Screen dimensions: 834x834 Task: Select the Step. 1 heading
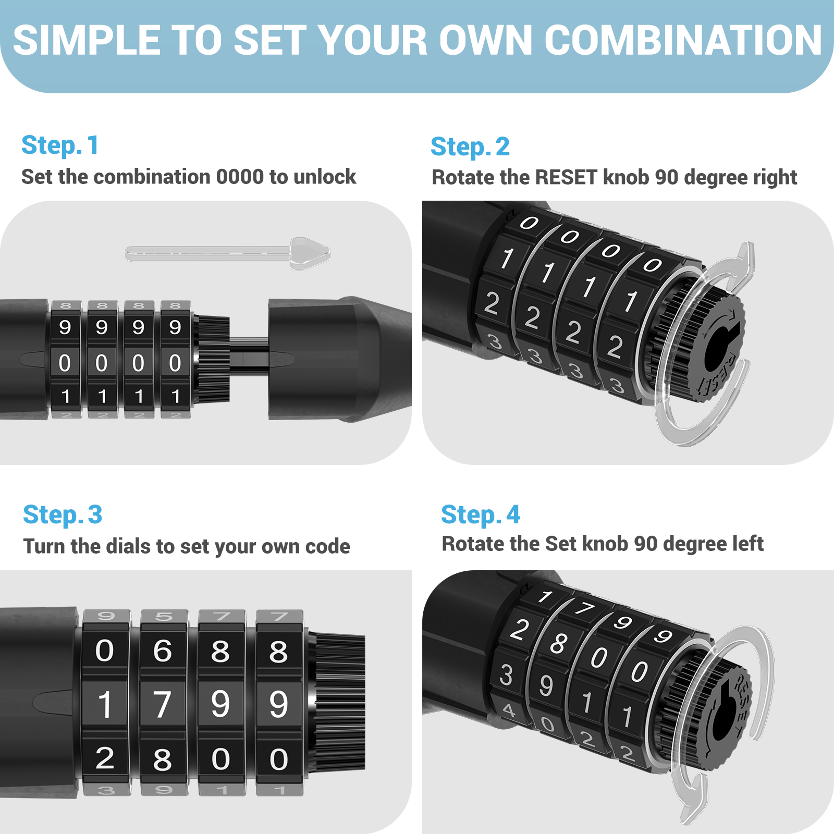[x=60, y=145]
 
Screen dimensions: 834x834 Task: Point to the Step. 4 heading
[x=481, y=515]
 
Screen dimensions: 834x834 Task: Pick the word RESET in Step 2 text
[x=566, y=178]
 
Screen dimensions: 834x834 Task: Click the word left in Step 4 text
[x=749, y=544]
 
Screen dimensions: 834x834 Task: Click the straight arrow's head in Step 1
[x=310, y=254]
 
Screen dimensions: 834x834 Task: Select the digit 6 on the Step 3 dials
[x=163, y=651]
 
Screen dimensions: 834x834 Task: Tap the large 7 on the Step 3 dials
[x=162, y=704]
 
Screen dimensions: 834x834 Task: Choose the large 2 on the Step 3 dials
[x=105, y=758]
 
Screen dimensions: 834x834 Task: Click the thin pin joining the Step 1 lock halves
[x=249, y=352]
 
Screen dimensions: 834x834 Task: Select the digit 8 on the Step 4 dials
[x=558, y=643]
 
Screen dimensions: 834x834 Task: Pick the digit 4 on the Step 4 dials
[x=509, y=710]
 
